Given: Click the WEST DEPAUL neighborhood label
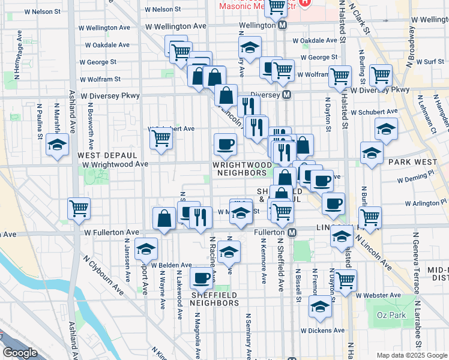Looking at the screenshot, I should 101,155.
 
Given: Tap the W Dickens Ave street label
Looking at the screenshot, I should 322,331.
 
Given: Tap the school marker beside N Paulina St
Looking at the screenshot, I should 58,145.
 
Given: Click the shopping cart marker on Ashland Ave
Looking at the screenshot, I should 79,209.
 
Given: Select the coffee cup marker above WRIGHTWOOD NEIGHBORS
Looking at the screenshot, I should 225,144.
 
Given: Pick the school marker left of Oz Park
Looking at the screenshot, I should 321,308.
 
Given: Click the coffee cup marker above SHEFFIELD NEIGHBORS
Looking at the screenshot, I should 200,277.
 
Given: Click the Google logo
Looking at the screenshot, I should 20,353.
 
